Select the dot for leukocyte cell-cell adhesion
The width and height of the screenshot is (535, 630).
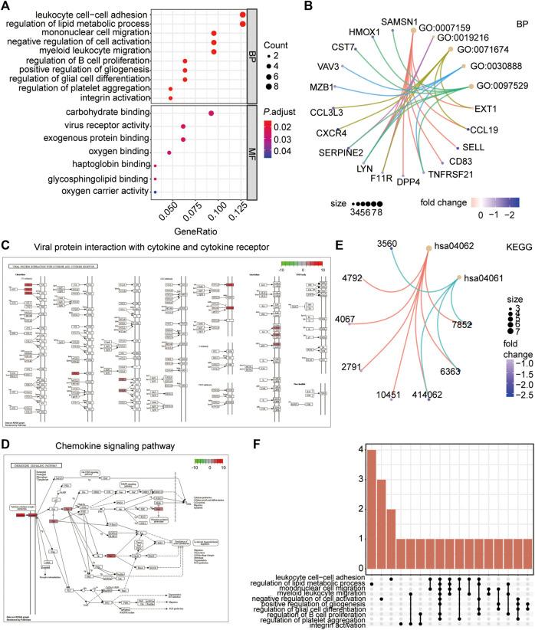pyautogui.click(x=243, y=15)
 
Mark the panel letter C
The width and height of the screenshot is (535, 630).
pyautogui.click(x=6, y=246)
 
